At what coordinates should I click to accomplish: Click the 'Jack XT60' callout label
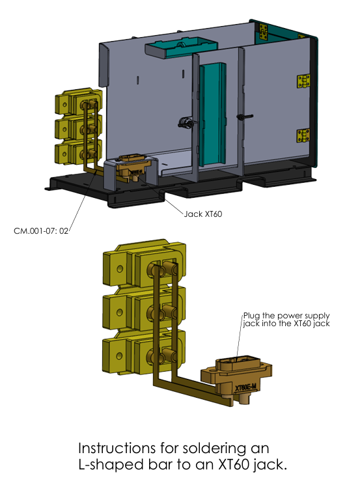[x=203, y=214]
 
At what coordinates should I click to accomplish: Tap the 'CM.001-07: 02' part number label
[x=41, y=231]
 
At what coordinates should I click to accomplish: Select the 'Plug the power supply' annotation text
[x=286, y=316]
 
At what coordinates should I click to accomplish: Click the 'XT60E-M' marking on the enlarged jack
[x=245, y=388]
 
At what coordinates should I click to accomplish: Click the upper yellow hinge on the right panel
[x=303, y=81]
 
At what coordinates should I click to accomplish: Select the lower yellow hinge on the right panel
[x=303, y=135]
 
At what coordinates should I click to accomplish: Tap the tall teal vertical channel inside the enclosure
[x=213, y=115]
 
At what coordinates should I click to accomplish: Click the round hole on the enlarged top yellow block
[x=120, y=269]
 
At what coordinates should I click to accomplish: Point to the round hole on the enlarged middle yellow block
[x=120, y=312]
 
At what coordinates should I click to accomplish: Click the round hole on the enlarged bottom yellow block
[x=119, y=355]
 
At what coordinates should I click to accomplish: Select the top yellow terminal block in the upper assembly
[x=78, y=102]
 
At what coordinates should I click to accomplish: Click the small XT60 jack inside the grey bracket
[x=133, y=167]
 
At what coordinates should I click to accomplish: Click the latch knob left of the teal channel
[x=185, y=122]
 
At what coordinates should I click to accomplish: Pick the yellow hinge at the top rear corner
[x=264, y=32]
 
